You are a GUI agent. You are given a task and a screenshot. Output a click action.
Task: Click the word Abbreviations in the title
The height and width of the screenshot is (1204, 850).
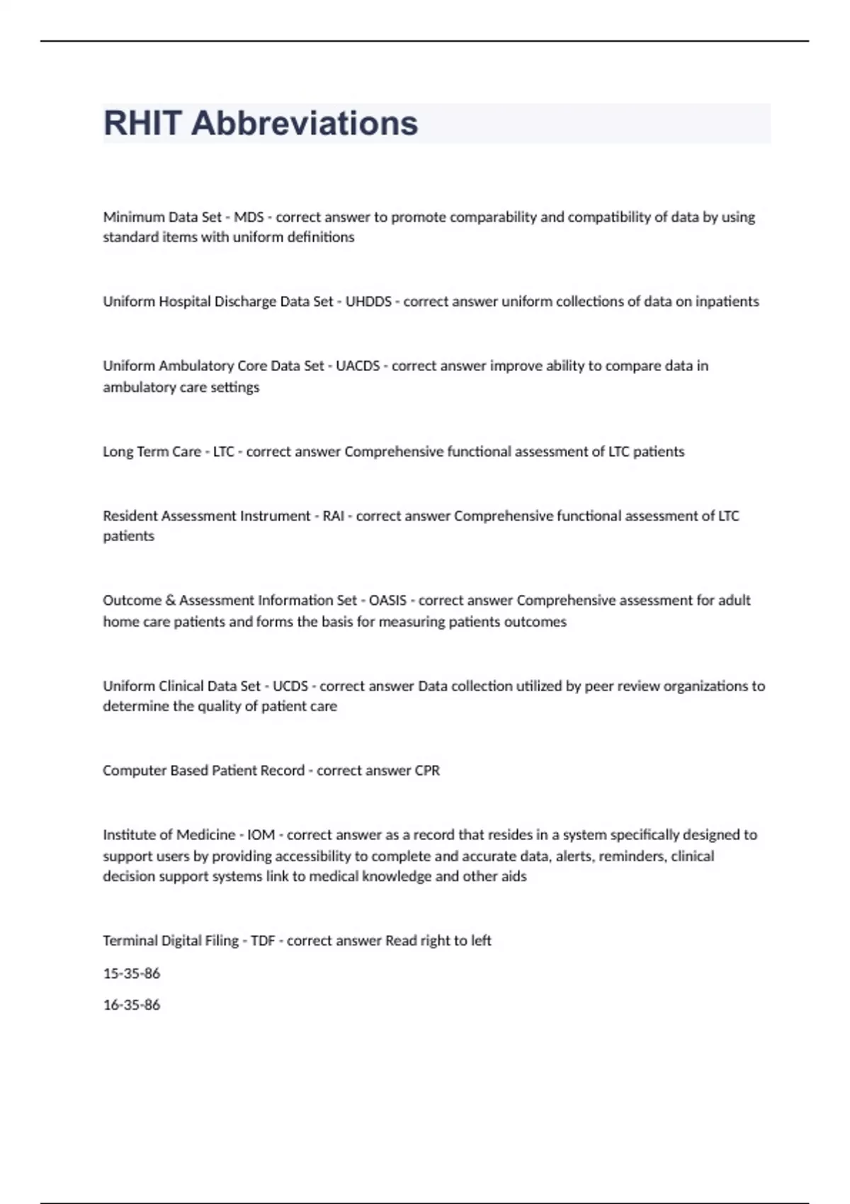(305, 123)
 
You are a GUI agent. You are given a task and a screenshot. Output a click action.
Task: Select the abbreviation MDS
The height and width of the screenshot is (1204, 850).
(249, 217)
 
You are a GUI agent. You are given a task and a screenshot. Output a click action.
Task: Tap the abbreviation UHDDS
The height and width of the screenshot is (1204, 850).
(368, 301)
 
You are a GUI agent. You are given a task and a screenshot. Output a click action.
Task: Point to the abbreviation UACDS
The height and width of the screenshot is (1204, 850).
(358, 365)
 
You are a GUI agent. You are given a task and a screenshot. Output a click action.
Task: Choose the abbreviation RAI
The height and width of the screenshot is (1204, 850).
(333, 516)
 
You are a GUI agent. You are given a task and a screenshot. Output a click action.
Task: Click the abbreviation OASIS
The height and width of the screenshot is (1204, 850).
(387, 600)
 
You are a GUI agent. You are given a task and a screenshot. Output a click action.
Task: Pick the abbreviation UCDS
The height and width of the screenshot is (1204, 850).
(290, 686)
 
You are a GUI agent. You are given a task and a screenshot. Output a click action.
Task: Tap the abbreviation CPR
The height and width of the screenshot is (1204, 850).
(427, 770)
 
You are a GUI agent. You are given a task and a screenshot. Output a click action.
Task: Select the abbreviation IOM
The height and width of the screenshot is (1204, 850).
(261, 834)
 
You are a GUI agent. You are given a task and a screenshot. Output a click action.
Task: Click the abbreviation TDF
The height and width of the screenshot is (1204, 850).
(263, 941)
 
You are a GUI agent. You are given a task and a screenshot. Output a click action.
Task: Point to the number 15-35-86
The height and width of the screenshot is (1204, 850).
(132, 973)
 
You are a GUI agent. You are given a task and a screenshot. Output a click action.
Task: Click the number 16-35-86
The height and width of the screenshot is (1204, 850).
(132, 1004)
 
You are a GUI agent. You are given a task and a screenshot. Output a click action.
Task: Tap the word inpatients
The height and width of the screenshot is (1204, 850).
(727, 301)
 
